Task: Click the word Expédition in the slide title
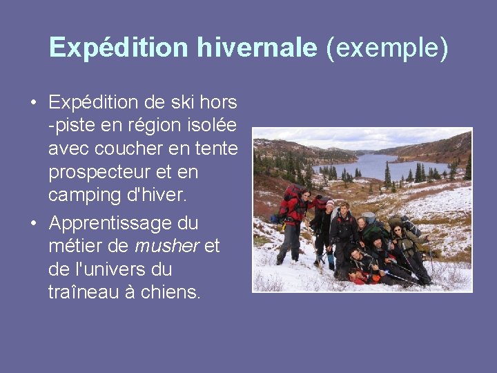click(x=118, y=48)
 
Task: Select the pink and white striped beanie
click(x=330, y=204)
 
